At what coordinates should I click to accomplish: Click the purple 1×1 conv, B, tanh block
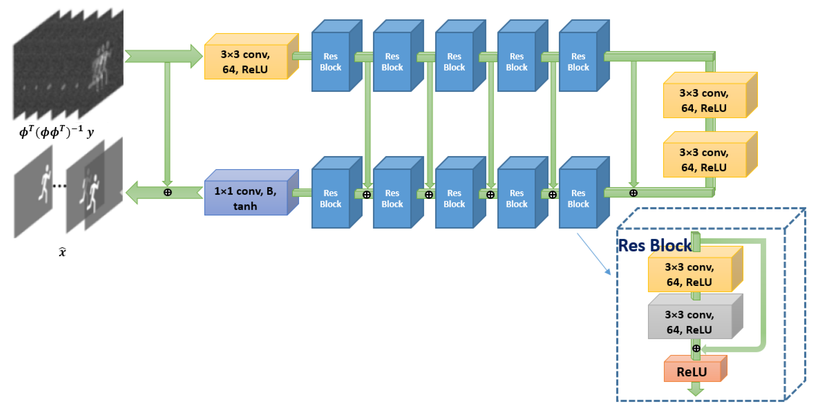[246, 198]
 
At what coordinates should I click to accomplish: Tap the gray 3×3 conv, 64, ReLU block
[690, 322]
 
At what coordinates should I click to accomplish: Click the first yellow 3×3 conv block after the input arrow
[246, 62]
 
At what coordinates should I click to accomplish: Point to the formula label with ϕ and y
[57, 132]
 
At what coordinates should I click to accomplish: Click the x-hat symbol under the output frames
[62, 252]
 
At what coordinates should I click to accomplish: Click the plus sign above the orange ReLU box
[696, 348]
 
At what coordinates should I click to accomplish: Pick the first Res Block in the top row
[331, 62]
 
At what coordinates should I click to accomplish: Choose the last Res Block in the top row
[578, 62]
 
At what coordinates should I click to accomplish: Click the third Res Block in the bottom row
[454, 198]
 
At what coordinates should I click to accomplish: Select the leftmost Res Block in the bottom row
[331, 198]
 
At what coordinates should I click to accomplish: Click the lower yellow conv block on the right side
[704, 159]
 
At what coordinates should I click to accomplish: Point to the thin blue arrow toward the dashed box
[593, 254]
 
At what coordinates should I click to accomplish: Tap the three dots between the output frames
[59, 186]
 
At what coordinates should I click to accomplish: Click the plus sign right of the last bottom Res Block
[633, 193]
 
